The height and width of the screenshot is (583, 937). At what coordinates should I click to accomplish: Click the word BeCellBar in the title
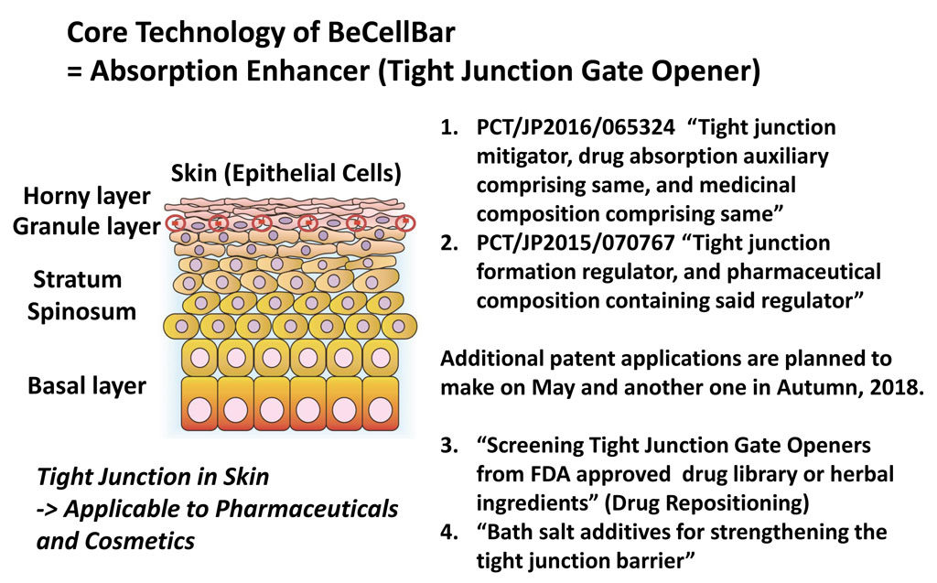[392, 32]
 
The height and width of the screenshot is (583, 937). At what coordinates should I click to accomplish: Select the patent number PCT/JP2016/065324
[576, 128]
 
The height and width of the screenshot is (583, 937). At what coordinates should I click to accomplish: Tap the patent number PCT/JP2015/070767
[576, 243]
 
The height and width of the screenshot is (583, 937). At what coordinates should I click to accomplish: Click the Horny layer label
[87, 197]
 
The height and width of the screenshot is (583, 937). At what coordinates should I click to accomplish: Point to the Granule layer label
[87, 227]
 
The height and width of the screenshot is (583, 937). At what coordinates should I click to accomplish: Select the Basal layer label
[87, 386]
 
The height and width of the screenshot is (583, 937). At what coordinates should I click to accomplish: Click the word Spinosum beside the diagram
[81, 312]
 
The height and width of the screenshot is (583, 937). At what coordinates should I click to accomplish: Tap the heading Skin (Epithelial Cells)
[286, 173]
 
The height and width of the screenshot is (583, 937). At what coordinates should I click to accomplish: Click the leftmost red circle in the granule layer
[176, 223]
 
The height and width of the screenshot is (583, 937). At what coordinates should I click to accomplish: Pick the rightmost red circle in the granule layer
[406, 223]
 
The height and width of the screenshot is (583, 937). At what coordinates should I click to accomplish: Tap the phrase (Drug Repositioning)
[706, 503]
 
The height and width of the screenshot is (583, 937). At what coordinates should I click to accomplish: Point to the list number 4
[448, 532]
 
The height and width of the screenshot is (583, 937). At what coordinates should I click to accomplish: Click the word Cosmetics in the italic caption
[139, 541]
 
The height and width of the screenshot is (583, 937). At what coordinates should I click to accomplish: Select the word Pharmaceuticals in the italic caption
[306, 510]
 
